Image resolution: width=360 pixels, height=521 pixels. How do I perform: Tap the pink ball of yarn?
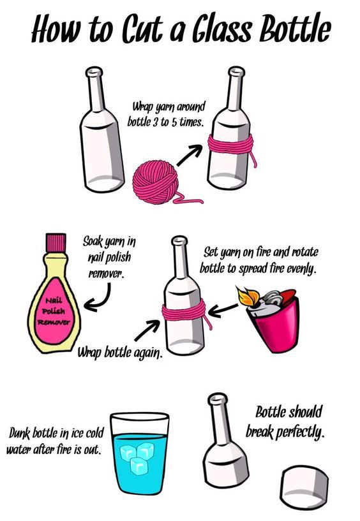click(155, 182)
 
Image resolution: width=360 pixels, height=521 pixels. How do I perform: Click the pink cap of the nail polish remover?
click(56, 242)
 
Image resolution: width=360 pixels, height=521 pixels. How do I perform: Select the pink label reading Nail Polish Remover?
click(53, 311)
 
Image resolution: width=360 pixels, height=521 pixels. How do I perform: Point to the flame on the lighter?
click(247, 296)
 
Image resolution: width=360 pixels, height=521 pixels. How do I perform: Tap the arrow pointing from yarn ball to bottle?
click(190, 155)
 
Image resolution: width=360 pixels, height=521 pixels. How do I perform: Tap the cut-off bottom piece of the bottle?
click(304, 487)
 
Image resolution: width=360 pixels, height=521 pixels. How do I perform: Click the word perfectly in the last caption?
click(300, 432)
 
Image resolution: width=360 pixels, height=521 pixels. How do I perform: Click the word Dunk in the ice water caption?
click(19, 434)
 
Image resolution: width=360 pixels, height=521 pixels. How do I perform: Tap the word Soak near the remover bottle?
click(93, 242)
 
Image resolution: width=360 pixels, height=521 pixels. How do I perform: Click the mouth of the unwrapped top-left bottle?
click(94, 71)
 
